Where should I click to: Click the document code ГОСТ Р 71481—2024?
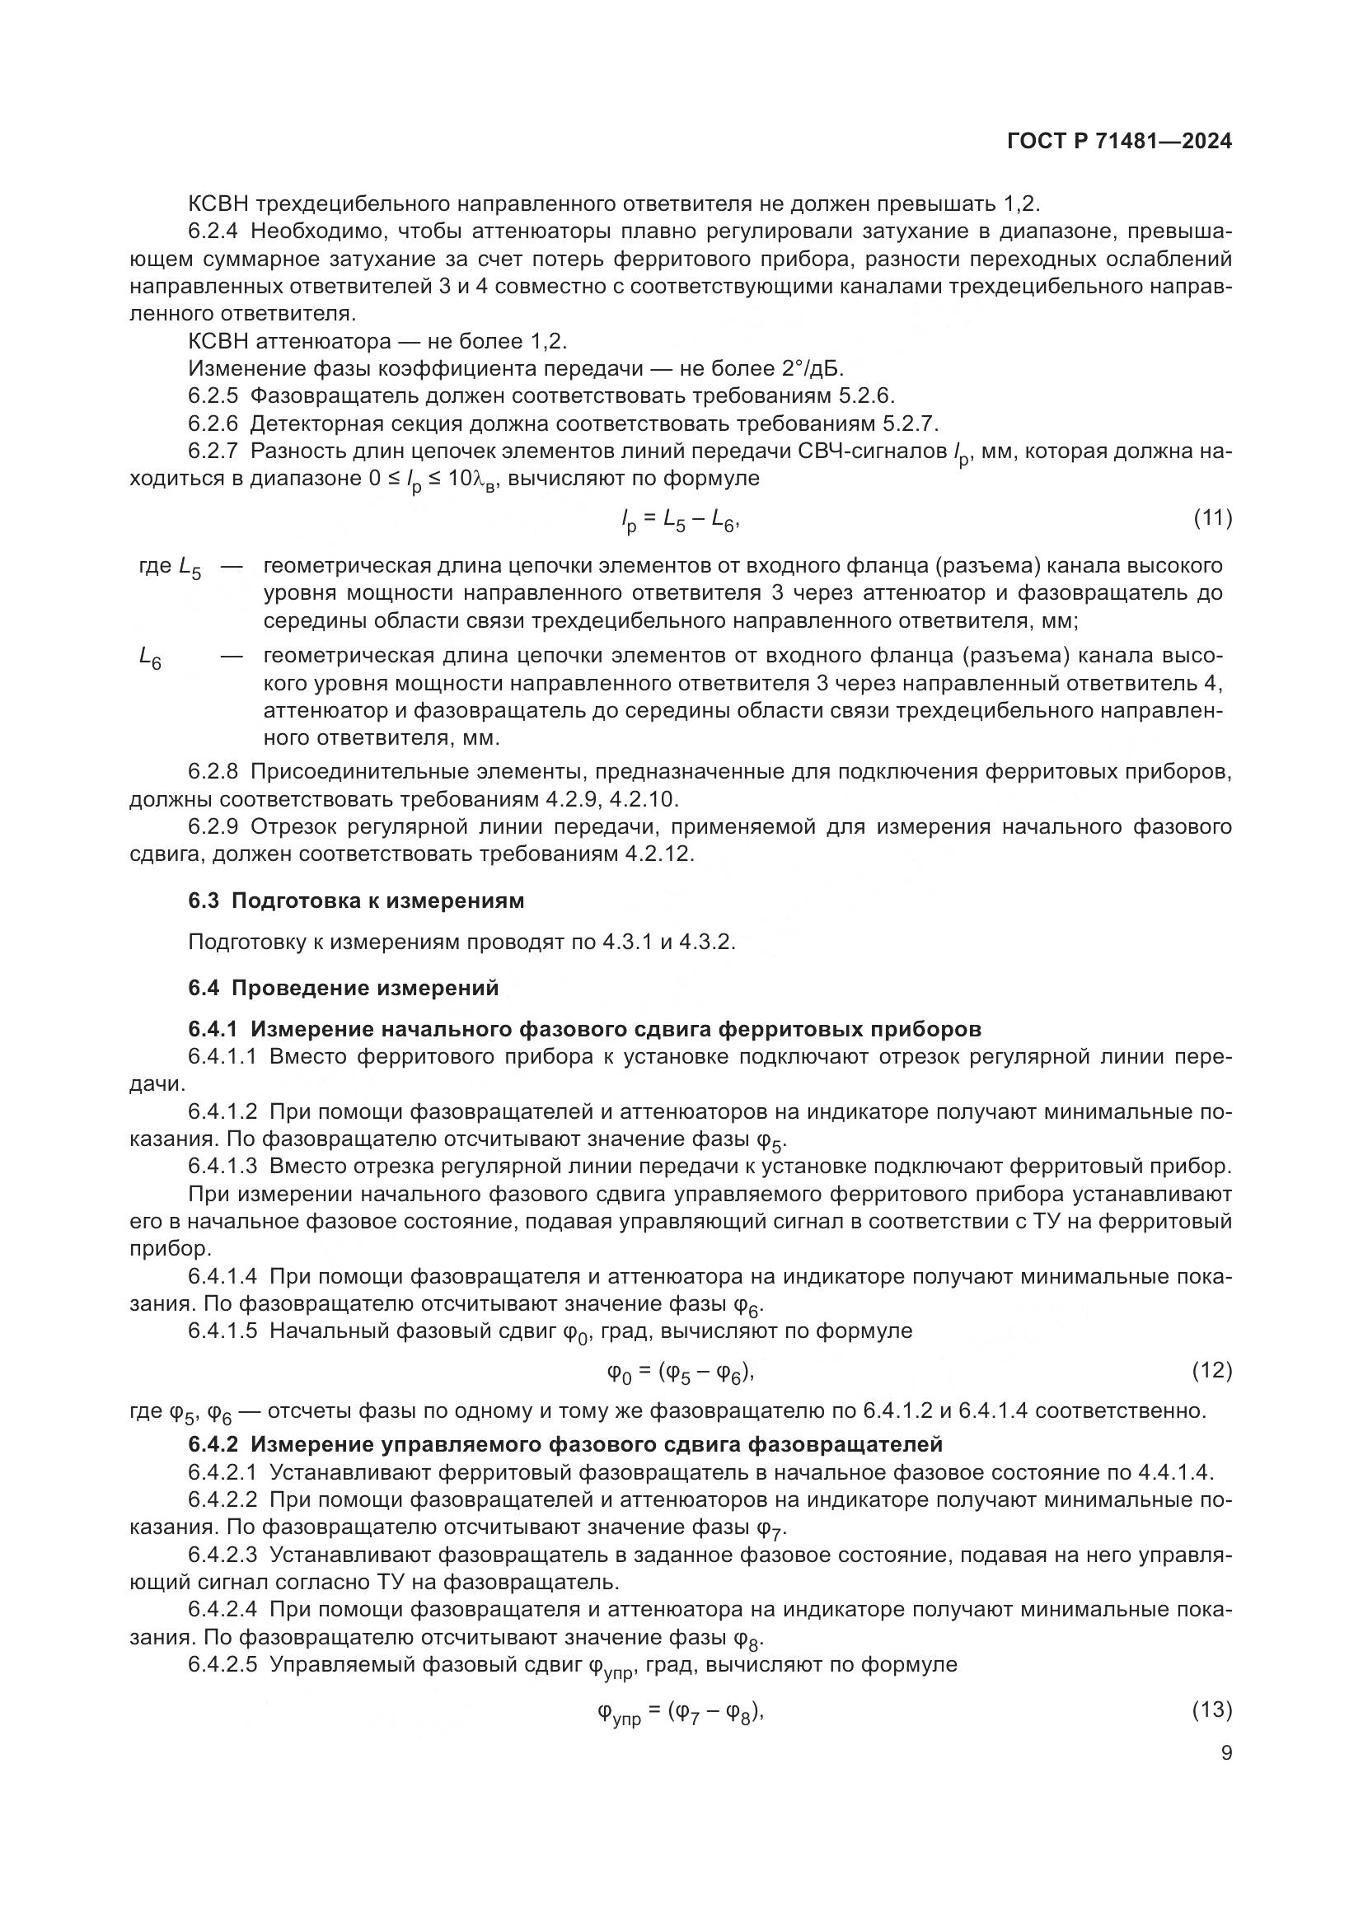click(1119, 142)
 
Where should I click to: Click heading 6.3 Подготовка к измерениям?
click(356, 900)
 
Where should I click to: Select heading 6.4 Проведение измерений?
click(344, 988)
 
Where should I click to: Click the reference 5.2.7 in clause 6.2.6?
click(907, 423)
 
